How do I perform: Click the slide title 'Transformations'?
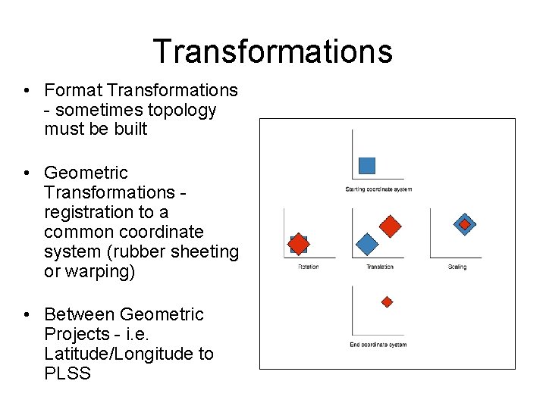point(272,52)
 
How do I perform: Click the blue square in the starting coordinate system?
point(367,165)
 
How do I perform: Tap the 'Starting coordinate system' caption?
point(378,189)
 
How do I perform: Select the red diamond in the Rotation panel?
point(299,244)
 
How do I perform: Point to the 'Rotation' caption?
point(308,267)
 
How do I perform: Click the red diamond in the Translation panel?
point(390,226)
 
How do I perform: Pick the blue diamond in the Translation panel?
point(367,245)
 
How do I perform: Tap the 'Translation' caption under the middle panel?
point(379,267)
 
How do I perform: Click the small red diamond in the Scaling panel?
point(464,224)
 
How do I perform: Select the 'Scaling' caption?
point(457,267)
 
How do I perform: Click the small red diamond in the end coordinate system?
point(387,301)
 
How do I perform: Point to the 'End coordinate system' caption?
point(378,345)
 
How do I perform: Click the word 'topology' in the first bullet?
point(181,110)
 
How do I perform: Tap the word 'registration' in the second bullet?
point(89,212)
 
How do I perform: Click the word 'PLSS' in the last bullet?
point(67,373)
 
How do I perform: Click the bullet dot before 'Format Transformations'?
point(27,91)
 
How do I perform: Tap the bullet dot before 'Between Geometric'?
point(27,315)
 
